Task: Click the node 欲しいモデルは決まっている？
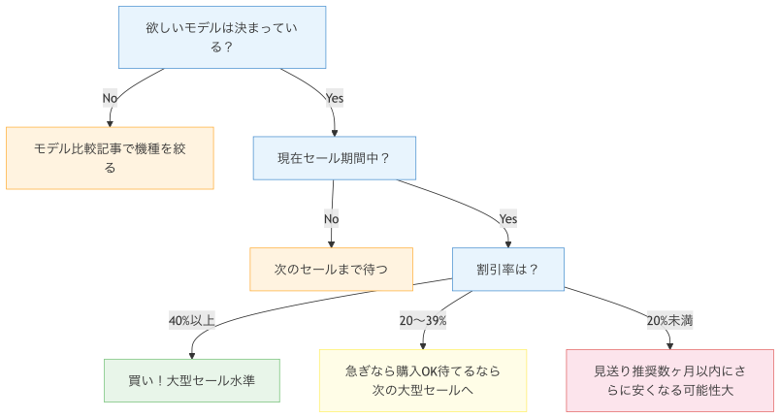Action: (221, 38)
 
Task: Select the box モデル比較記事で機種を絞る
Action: (110, 157)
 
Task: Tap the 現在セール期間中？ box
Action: (334, 157)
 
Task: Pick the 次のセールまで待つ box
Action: (331, 270)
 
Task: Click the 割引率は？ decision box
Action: (507, 270)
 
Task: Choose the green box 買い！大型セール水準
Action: (192, 380)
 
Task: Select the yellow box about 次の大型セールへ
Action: (423, 380)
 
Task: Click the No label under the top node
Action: (110, 98)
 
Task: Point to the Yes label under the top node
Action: (334, 98)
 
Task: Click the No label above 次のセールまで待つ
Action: (331, 218)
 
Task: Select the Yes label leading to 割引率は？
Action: (507, 218)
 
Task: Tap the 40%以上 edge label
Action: (192, 320)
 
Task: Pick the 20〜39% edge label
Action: (423, 320)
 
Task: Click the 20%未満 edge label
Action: (669, 320)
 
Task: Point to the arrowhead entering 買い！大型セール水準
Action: (192, 355)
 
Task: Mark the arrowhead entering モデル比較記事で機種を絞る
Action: (110, 122)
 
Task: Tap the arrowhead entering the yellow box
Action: (423, 345)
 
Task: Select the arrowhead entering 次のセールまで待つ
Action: (331, 243)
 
